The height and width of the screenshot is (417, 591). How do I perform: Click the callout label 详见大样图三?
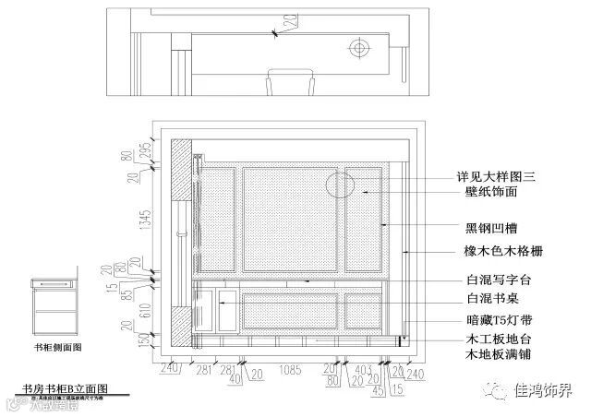click(x=499, y=175)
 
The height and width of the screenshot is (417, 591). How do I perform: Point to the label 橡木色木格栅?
click(x=500, y=251)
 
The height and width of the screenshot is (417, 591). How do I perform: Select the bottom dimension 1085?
click(x=291, y=370)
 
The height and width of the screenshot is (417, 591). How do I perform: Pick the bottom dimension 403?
click(x=364, y=370)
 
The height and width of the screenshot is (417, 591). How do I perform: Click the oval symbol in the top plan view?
click(x=358, y=45)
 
